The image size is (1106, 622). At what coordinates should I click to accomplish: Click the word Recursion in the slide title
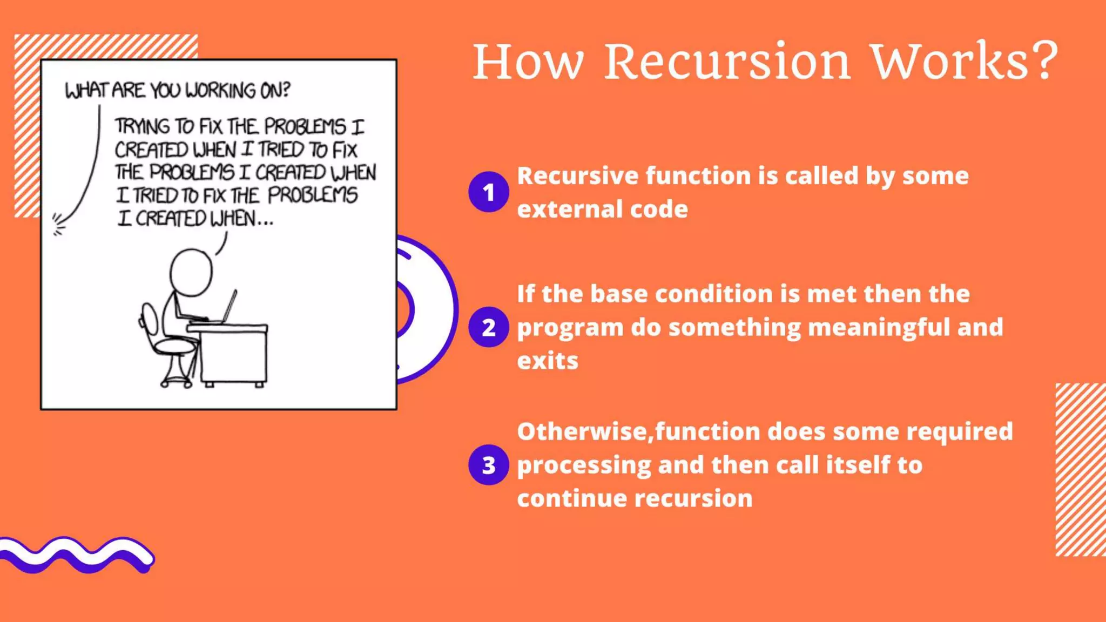click(x=727, y=62)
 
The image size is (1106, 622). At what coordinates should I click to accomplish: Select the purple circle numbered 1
click(x=488, y=192)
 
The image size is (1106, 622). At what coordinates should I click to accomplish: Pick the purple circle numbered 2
click(x=488, y=327)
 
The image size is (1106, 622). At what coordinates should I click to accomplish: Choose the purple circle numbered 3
click(x=488, y=465)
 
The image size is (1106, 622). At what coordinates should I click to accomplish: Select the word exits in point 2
click(x=547, y=361)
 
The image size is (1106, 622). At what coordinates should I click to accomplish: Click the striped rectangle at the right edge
click(x=1080, y=469)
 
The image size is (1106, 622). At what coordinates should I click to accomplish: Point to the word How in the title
click(x=528, y=62)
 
